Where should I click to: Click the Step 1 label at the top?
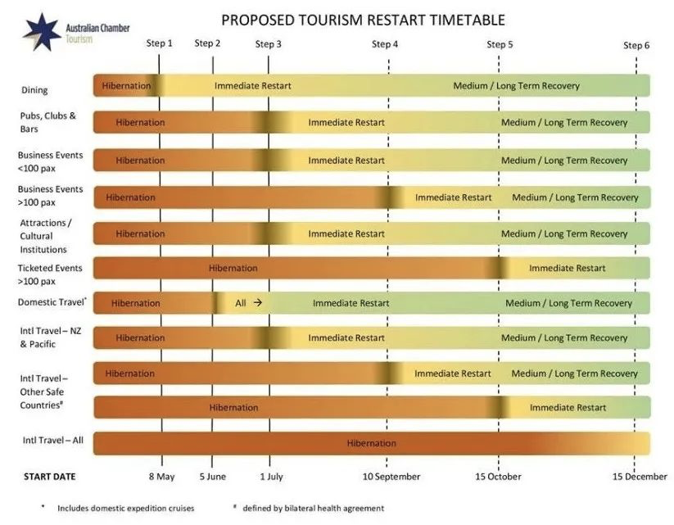pos(159,43)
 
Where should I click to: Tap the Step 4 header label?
pos(385,44)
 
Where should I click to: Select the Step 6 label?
pos(636,45)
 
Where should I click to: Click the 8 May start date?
pos(161,476)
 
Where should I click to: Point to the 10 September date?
pos(392,476)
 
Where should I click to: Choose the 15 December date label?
pos(640,476)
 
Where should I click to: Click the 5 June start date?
pos(212,476)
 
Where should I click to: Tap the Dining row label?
pos(34,90)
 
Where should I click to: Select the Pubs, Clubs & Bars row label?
pos(47,122)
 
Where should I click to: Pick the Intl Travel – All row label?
pos(53,441)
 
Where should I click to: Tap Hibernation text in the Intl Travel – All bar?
pos(371,443)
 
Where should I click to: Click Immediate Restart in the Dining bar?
pos(252,85)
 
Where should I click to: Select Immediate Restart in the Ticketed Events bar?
pos(567,268)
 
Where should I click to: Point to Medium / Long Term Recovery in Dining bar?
pos(516,85)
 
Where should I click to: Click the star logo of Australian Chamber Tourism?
pos(41,31)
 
